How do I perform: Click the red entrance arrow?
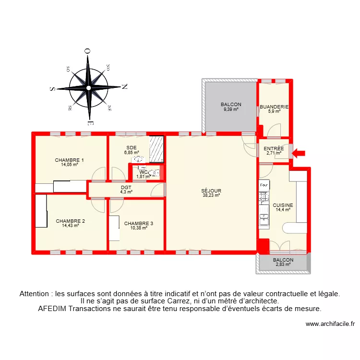point(299,154)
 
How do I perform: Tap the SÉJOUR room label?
point(211,191)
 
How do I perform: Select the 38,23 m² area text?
point(211,195)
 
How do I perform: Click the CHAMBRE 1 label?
point(70,160)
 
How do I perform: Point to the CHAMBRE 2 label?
point(70,221)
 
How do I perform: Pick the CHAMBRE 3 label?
point(139,223)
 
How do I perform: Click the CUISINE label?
point(283,205)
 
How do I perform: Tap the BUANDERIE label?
point(274,107)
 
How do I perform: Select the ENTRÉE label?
point(274,149)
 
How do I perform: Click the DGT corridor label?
point(126,188)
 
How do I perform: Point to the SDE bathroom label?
point(132,148)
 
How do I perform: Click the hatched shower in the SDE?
point(157,149)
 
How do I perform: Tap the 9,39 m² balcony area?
point(231,109)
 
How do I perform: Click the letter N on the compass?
point(124,87)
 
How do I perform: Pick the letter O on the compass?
point(87,51)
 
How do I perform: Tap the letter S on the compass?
point(52,89)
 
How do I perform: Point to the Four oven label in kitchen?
point(264,185)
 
